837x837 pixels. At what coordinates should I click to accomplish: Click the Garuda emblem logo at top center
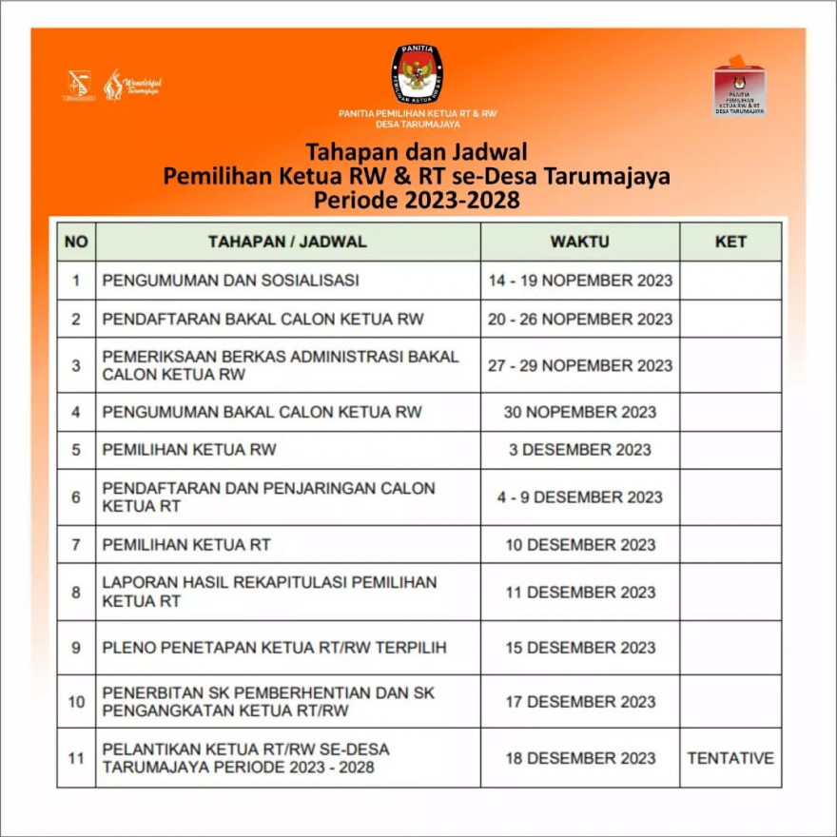(418, 74)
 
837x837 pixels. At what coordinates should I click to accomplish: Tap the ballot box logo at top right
(740, 89)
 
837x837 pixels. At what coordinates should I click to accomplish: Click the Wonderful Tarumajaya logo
(132, 85)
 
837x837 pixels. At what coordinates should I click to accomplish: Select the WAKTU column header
(579, 242)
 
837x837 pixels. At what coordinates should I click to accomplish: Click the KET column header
(730, 242)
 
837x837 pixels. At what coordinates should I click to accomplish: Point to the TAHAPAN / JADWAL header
(287, 242)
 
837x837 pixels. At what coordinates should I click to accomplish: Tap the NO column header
(76, 242)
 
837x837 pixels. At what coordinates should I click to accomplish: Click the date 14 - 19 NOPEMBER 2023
(580, 281)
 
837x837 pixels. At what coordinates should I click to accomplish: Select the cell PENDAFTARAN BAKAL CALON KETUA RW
(263, 319)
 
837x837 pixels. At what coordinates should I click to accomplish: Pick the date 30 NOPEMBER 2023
(580, 412)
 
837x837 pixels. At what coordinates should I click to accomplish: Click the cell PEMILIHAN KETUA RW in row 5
(189, 450)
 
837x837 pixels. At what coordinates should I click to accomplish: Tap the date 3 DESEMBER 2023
(580, 450)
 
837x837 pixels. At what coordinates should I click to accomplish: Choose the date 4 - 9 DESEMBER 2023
(580, 496)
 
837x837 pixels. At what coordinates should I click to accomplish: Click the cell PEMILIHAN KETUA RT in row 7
(186, 545)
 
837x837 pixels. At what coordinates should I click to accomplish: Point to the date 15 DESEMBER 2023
(580, 648)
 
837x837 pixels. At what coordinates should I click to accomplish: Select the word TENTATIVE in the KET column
(730, 758)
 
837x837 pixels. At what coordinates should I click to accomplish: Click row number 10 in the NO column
(76, 702)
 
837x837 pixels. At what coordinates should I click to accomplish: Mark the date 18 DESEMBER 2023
(580, 758)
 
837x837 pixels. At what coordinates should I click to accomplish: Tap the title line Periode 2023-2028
(418, 201)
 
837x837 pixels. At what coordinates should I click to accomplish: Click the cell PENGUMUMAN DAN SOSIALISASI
(230, 281)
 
